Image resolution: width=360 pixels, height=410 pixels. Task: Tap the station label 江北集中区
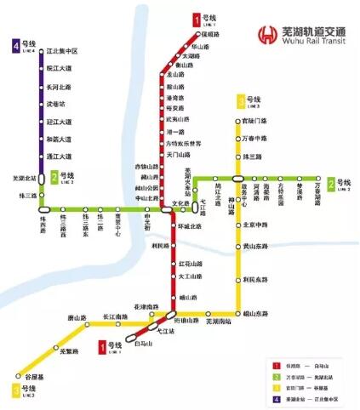[x=62, y=51]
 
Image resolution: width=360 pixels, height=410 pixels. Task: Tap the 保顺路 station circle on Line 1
[x=201, y=34]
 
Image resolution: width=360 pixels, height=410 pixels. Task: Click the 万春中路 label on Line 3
[x=255, y=138]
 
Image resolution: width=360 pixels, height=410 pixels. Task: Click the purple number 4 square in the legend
[x=267, y=397]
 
